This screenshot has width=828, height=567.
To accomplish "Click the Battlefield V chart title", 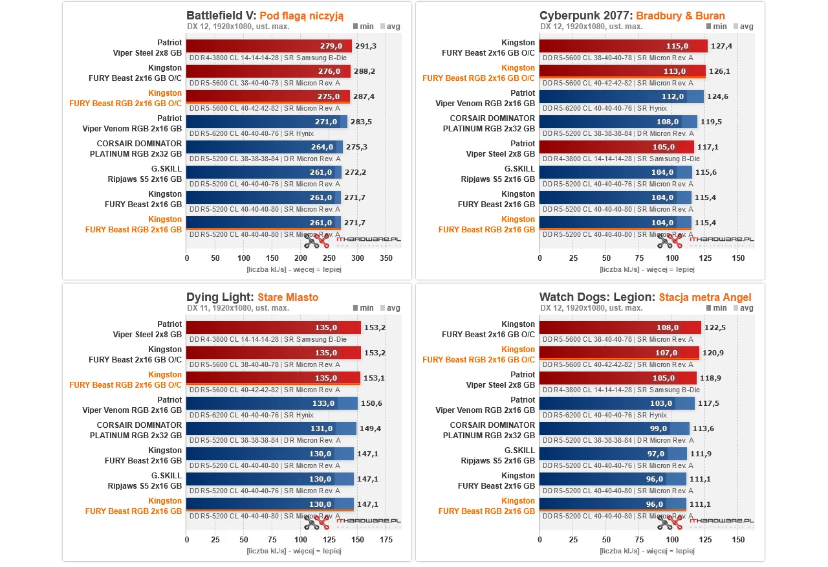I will coord(265,16).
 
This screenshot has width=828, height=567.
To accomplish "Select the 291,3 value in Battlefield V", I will coord(366,47).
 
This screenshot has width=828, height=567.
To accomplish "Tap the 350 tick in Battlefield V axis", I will coord(386,258).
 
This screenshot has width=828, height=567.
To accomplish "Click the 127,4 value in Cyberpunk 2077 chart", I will coord(721,47).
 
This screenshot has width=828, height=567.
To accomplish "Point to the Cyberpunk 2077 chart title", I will coord(632,16).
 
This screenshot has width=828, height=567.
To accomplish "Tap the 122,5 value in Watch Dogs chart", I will coord(715,328).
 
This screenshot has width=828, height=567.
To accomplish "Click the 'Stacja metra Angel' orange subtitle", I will coord(705,297).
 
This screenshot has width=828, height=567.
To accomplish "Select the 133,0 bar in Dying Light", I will coord(272,403).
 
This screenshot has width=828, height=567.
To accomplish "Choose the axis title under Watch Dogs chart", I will coord(648,551).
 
